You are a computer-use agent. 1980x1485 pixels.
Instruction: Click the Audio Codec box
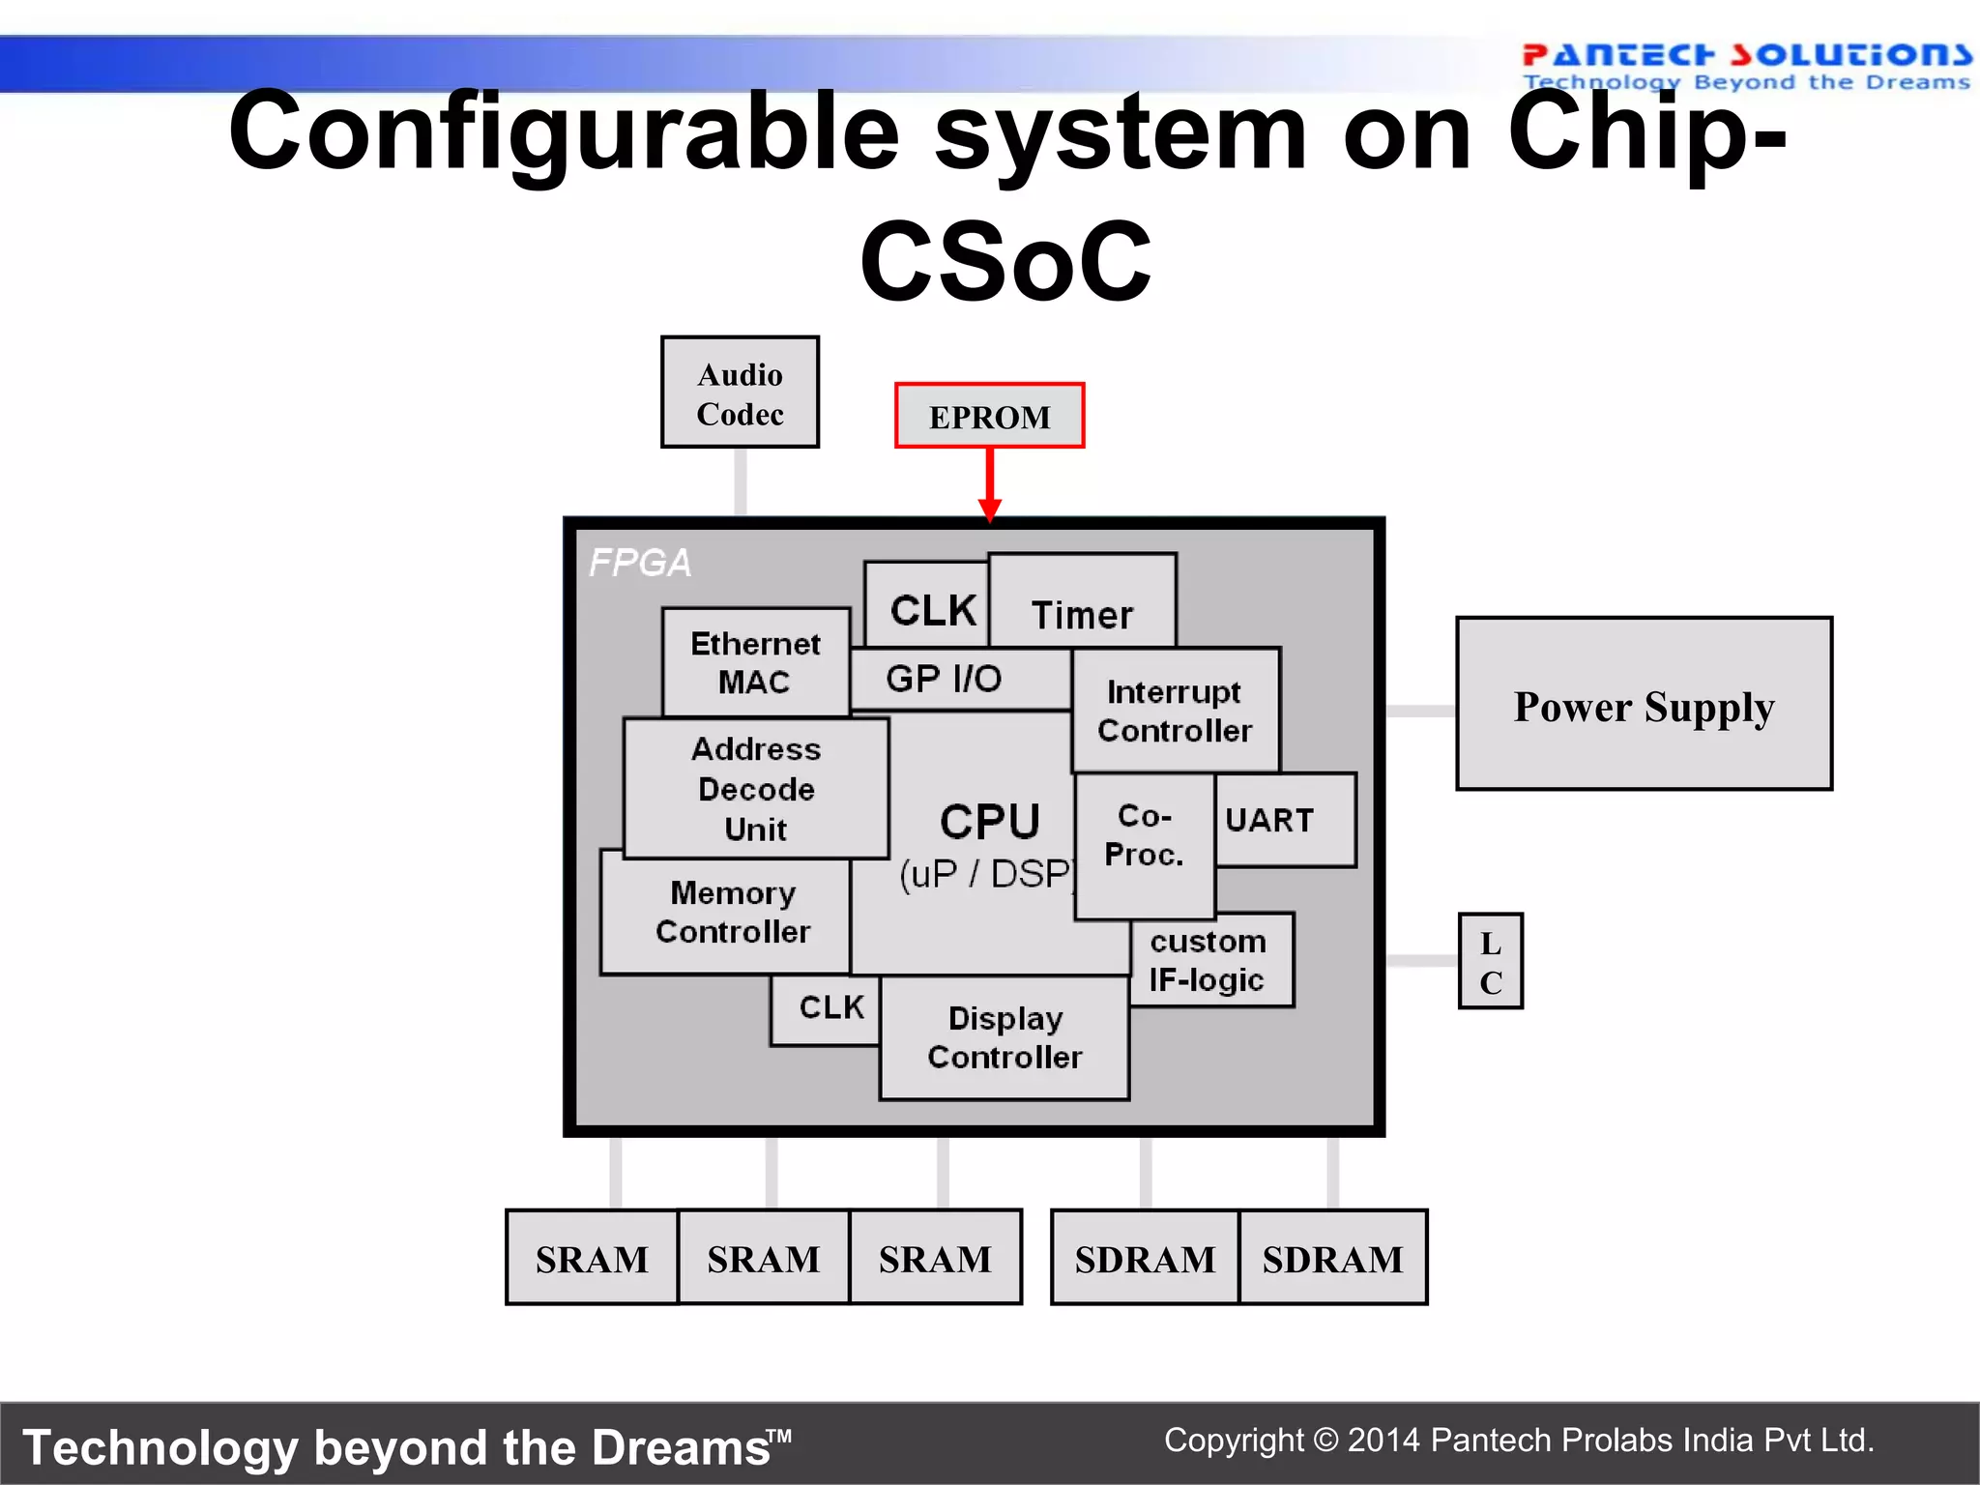tap(740, 393)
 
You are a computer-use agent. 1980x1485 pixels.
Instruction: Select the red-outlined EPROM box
tap(989, 416)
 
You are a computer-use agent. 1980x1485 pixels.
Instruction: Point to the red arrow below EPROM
tap(989, 484)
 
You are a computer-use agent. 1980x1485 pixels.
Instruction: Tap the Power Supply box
tap(1644, 704)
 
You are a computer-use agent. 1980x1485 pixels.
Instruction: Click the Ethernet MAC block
tap(755, 662)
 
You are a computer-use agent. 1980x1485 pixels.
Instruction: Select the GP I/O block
tap(944, 679)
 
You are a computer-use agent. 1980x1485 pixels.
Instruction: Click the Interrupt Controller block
tap(1175, 711)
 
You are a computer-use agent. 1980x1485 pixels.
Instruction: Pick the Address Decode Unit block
tap(756, 789)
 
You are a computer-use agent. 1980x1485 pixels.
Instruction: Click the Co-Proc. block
tap(1144, 835)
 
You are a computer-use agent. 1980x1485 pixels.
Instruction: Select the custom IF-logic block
tap(1208, 960)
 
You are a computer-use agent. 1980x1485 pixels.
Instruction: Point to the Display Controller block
tap(1005, 1037)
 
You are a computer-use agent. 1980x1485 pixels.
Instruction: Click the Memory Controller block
tap(732, 912)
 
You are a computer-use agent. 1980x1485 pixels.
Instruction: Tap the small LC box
tap(1490, 962)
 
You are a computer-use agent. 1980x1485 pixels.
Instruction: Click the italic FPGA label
tap(640, 563)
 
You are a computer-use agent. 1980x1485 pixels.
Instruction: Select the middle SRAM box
tap(763, 1259)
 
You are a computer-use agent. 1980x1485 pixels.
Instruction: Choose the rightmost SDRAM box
tap(1332, 1259)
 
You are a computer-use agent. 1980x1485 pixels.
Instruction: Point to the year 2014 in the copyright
tap(1383, 1441)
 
